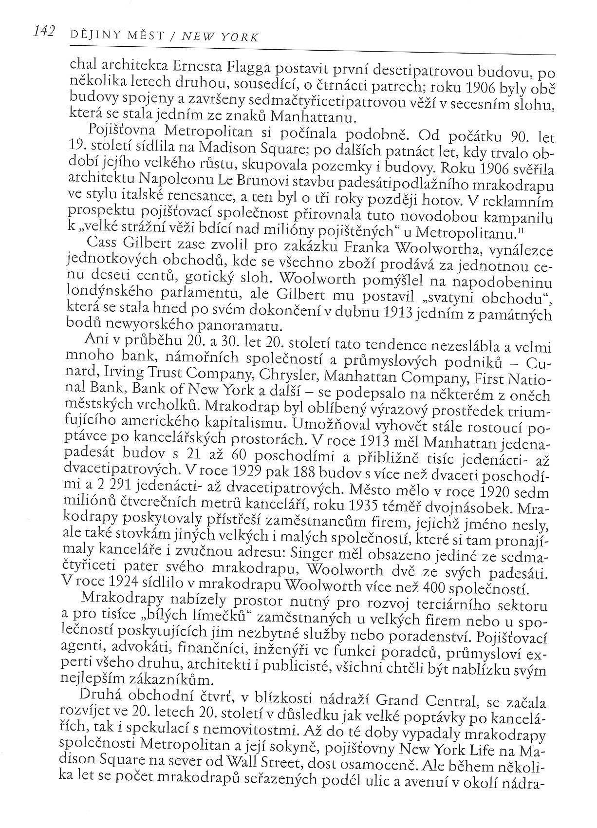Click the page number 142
43,32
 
